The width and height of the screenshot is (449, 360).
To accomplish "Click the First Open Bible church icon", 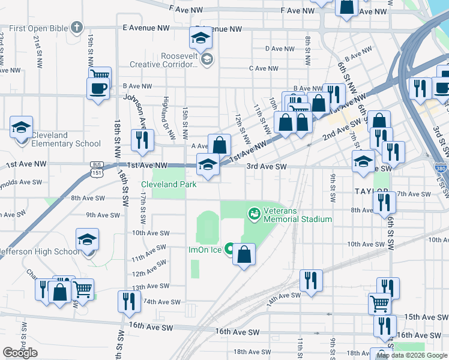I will pos(76,27).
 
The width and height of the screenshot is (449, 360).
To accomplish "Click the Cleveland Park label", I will pos(169,184).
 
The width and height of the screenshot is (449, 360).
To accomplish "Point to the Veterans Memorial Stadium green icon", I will pos(254,212).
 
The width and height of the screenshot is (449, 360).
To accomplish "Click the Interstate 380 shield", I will pos(441,169).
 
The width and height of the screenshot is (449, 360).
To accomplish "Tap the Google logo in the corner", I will pos(20,353).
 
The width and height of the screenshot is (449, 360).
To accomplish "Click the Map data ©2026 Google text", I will pos(412,355).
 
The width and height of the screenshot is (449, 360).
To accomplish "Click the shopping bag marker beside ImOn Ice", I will pos(244,254).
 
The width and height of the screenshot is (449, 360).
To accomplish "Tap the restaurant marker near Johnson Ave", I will pos(142,140).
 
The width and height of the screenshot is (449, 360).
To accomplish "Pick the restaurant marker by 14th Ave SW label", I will pos(310,281).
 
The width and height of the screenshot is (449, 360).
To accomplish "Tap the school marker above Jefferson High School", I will pos(88,240).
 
